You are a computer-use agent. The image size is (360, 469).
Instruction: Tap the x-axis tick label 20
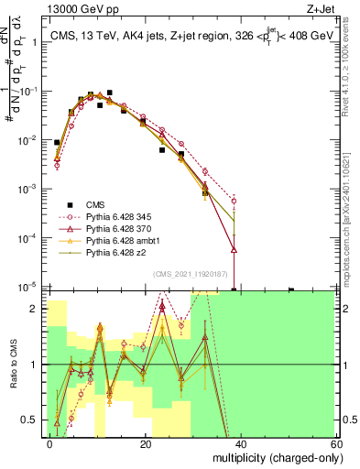pyautogui.click(x=145, y=444)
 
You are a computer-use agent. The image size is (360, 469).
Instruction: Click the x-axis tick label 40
pyautogui.click(x=240, y=444)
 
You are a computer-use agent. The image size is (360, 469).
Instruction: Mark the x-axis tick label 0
pyautogui.click(x=50, y=444)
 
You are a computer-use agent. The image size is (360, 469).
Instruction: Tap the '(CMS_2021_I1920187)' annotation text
pyautogui.click(x=191, y=273)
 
